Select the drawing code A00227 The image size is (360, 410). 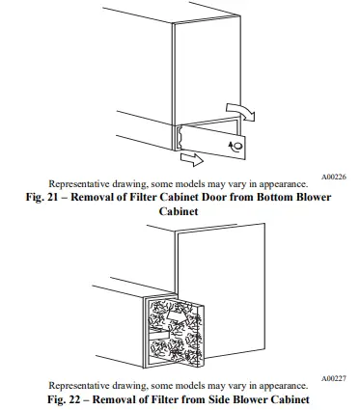(333, 378)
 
